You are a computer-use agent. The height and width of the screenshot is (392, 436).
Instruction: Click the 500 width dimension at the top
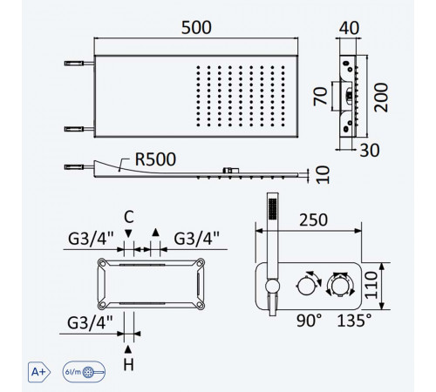coord(196,28)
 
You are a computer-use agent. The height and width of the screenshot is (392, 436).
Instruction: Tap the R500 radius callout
coord(155,159)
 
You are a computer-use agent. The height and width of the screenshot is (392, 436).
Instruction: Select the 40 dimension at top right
coord(349,28)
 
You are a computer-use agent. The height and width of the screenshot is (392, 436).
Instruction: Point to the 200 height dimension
coord(381,98)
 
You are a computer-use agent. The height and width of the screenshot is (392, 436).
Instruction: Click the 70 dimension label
coord(320,96)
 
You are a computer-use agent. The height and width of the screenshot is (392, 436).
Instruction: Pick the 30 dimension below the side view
coord(370,151)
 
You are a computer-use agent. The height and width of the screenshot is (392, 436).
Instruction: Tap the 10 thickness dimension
coord(323,175)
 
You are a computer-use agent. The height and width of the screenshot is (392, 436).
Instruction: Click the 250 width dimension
coord(314,220)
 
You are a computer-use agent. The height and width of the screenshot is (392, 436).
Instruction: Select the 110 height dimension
coord(371,285)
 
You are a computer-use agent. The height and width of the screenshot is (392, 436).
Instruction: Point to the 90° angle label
coord(309,321)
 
